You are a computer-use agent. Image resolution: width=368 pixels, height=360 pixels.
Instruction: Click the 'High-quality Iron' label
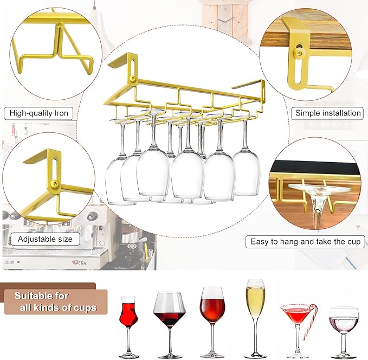[38, 113]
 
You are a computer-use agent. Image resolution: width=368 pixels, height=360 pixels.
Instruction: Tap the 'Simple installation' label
[328, 113]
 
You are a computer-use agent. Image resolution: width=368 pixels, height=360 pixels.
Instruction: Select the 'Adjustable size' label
[45, 239]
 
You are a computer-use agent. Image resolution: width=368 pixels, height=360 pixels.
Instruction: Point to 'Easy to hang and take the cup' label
[305, 241]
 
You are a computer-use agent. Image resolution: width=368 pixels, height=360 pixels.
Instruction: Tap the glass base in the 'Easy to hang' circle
[314, 190]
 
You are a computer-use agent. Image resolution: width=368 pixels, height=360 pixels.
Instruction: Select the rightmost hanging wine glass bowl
[246, 172]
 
